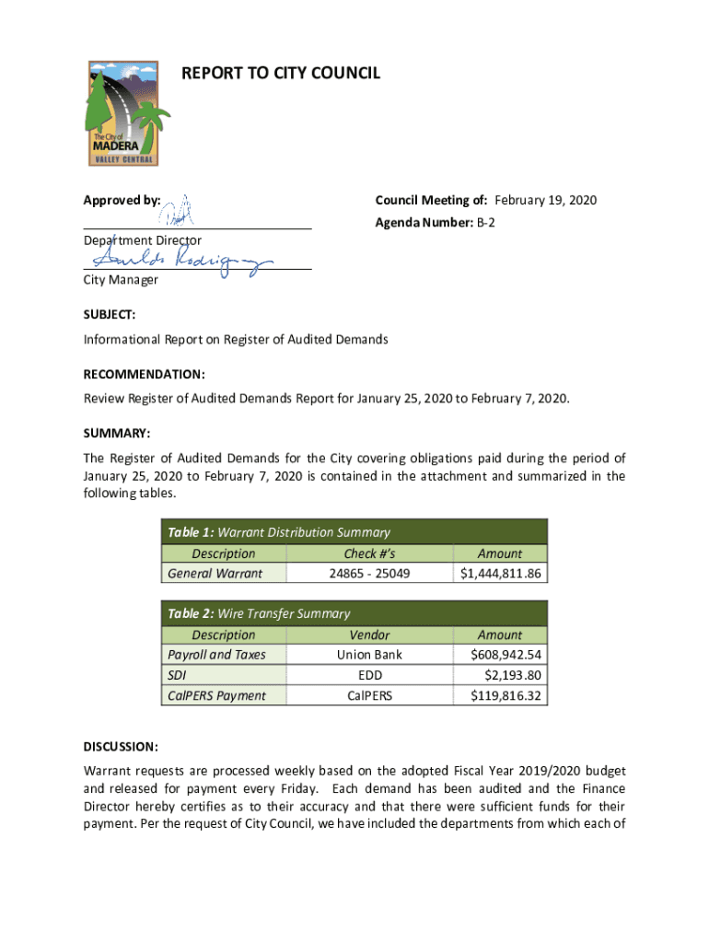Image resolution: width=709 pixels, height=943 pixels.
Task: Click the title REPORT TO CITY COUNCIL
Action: pyautogui.click(x=281, y=73)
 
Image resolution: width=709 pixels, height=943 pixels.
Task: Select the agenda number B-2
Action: pyautogui.click(x=485, y=223)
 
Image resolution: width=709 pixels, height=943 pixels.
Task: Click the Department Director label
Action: pyautogui.click(x=143, y=240)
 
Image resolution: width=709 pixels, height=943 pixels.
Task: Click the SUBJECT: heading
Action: pyautogui.click(x=110, y=314)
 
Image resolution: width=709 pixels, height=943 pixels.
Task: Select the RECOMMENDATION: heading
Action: pyautogui.click(x=144, y=375)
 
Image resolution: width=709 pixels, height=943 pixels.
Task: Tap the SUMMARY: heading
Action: pyautogui.click(x=116, y=433)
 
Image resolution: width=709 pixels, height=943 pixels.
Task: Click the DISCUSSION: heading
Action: pyautogui.click(x=121, y=745)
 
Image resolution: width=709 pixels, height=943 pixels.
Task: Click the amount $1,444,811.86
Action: pyautogui.click(x=501, y=574)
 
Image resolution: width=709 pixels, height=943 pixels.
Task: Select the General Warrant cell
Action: pyautogui.click(x=215, y=574)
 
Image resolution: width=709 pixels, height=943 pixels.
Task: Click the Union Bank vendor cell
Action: pyautogui.click(x=369, y=655)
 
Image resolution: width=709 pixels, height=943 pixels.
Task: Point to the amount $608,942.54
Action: pyautogui.click(x=506, y=655)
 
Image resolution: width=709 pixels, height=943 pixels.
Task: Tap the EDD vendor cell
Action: pyautogui.click(x=369, y=675)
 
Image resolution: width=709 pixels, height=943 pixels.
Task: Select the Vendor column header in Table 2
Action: pyautogui.click(x=369, y=634)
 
